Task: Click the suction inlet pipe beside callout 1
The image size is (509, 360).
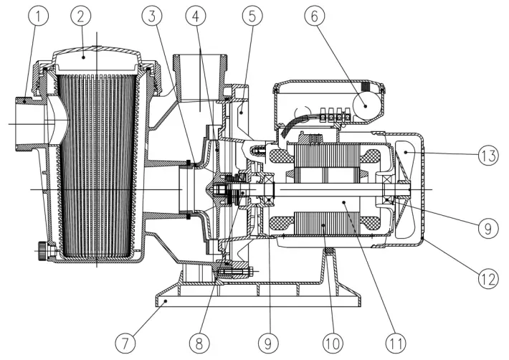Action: point(29,123)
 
